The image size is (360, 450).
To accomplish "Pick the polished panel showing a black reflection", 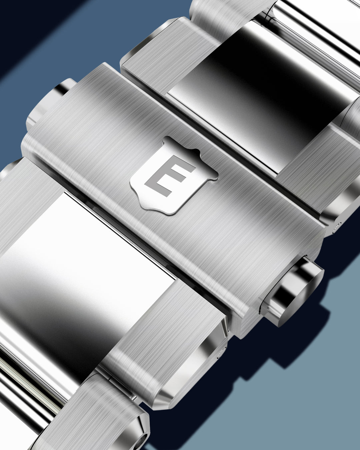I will pyautogui.click(x=267, y=90).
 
